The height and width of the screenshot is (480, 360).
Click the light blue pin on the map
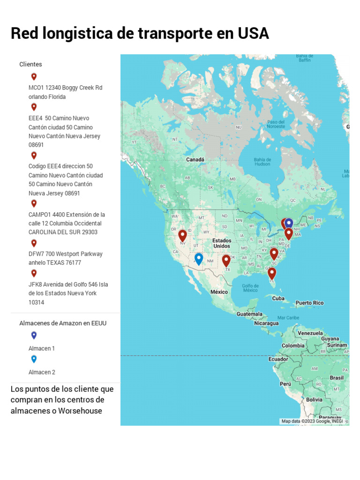(x=199, y=258)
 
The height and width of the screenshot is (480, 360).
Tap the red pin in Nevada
(x=182, y=235)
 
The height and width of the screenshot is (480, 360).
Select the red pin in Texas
(x=226, y=260)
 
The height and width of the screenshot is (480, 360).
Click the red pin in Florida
(x=272, y=273)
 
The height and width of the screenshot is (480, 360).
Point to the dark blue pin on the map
(x=289, y=224)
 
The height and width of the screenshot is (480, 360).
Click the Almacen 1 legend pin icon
(x=34, y=335)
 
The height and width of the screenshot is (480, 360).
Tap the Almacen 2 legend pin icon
(x=34, y=359)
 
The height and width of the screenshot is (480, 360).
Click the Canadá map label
(x=195, y=159)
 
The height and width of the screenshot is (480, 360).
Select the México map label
(x=219, y=292)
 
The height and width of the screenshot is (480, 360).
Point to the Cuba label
(x=278, y=299)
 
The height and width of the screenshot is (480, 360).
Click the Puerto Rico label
(x=309, y=303)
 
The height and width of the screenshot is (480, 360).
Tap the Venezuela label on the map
(x=310, y=333)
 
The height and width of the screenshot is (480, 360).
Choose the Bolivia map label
(x=314, y=400)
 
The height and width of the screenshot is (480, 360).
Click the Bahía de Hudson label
(x=262, y=162)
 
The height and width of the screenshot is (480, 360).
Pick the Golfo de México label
(x=250, y=288)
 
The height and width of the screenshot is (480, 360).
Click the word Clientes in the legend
(x=30, y=64)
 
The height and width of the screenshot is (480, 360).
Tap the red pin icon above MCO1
(x=34, y=76)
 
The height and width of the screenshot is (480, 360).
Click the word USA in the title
(x=253, y=34)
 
